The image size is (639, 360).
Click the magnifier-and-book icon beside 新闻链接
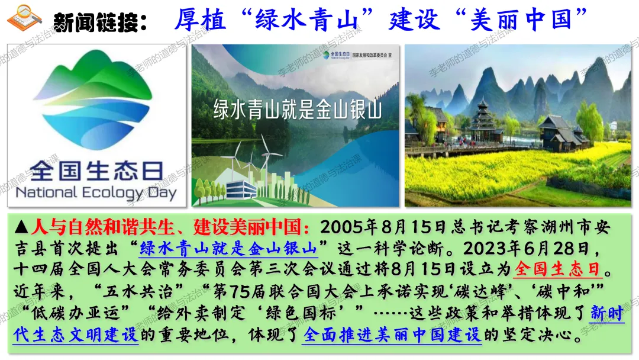24,18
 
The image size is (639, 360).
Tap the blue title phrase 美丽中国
522,19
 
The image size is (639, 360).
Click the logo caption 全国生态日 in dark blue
96,171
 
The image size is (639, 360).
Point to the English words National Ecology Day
96,193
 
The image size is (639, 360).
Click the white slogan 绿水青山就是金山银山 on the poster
298,110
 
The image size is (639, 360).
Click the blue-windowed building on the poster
241,189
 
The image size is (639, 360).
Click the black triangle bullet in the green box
21,227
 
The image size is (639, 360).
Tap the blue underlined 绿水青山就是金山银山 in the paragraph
228,248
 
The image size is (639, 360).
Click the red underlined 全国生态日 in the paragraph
557,269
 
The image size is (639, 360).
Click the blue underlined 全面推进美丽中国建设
392,335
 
